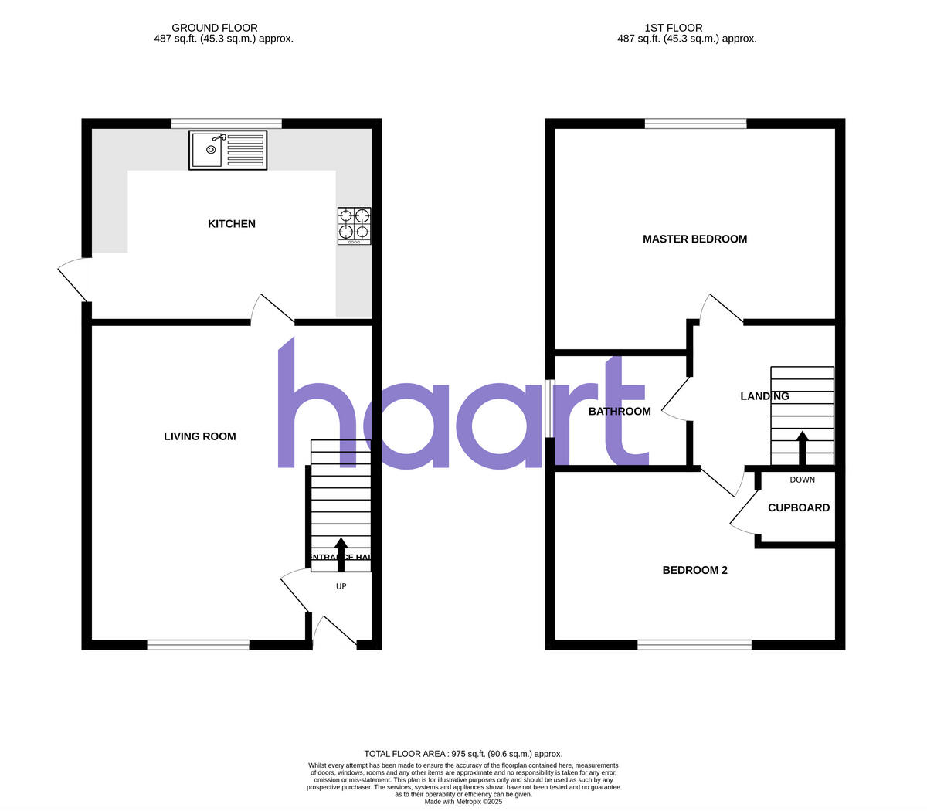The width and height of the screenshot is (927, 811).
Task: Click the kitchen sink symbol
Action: coord(228,150)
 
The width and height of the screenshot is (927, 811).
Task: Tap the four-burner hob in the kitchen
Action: coord(354,226)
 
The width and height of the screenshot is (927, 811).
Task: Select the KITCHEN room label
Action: coord(232,224)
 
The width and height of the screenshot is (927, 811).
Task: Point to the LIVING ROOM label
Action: coord(200,436)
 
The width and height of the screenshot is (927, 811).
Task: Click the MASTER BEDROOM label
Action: coord(694,239)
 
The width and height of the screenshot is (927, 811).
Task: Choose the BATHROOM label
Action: coord(620,412)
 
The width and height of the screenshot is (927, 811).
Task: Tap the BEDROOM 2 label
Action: coord(695,571)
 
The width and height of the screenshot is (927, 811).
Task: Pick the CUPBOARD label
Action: coord(799,508)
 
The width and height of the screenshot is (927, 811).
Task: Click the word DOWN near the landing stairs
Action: coord(803,480)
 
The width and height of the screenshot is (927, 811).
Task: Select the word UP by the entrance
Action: coord(341,586)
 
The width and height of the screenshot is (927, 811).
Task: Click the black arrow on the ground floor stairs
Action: coord(341,554)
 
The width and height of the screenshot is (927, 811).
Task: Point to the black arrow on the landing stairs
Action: coord(803,448)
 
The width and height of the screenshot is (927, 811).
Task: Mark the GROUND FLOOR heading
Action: coord(215,28)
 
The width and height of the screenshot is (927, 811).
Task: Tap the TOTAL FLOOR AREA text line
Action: coord(463,754)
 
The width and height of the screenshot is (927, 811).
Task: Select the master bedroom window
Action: coord(696,124)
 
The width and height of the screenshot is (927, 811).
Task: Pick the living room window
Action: coord(199,644)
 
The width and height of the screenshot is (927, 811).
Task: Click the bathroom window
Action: coord(550,408)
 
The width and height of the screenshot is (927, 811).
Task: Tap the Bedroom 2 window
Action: coord(694,644)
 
